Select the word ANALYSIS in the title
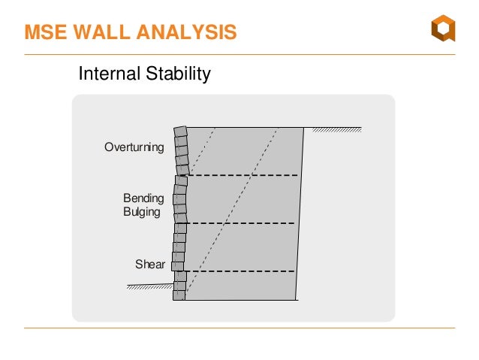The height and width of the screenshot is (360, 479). pos(186,32)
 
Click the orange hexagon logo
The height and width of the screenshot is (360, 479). pos(442,30)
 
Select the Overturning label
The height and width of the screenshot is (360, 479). pos(134,147)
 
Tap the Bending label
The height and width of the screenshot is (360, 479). pos(143,198)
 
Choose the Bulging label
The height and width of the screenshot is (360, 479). pos(141,212)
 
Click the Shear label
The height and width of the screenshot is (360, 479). pos(149,264)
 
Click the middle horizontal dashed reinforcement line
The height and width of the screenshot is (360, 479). pos(240,223)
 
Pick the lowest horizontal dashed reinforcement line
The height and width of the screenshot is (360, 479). pos(240,271)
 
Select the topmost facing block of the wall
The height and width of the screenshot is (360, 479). pos(180,131)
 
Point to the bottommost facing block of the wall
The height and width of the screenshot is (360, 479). pos(179,295)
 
